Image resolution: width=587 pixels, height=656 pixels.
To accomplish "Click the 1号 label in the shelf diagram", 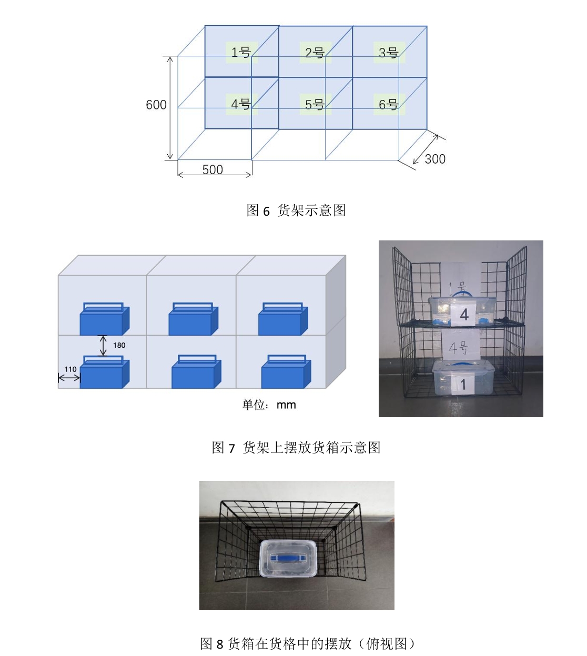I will tap(241, 52).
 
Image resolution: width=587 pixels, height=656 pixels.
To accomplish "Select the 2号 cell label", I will tap(315, 52).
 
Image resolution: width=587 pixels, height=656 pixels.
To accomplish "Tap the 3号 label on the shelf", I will tap(389, 52).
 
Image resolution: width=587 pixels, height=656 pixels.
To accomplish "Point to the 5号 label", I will tap(315, 104).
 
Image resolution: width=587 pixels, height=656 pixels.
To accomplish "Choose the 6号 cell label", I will tap(389, 104).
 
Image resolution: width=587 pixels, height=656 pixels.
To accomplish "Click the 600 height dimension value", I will tap(156, 105).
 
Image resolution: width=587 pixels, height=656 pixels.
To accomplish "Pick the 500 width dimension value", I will tap(212, 169).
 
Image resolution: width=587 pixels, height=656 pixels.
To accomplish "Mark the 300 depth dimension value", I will tap(435, 159).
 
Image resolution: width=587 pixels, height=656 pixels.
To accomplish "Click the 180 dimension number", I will tap(119, 345).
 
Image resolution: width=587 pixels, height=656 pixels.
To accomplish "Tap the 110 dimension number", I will tap(70, 369).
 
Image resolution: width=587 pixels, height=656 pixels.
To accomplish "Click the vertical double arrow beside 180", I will tap(103, 346).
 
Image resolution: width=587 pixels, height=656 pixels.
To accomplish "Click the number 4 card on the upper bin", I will tap(464, 315).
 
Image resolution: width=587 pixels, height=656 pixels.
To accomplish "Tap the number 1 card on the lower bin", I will tap(463, 385).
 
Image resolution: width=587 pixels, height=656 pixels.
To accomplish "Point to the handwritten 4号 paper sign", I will tap(458, 347).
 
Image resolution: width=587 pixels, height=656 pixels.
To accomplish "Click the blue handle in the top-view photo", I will tap(288, 557).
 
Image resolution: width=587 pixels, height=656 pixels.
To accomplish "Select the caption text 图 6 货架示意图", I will tap(296, 210).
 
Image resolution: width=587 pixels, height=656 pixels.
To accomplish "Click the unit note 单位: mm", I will tap(269, 405).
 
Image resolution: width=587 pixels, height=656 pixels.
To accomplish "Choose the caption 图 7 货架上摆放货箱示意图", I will tap(296, 448).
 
